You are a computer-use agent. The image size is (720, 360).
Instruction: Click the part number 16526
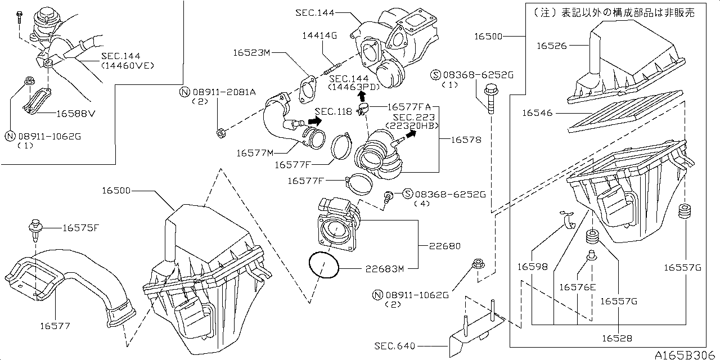click(x=551, y=46)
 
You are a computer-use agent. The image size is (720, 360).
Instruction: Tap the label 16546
click(x=538, y=113)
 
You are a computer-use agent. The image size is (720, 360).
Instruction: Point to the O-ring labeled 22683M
click(x=324, y=265)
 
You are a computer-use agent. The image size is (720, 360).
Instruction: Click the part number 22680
click(x=444, y=246)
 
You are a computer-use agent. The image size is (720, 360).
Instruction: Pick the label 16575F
click(x=80, y=228)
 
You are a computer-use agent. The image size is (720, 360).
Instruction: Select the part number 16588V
click(x=76, y=113)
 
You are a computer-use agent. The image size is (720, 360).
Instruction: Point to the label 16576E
click(x=577, y=287)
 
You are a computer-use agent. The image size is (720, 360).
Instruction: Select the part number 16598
click(x=533, y=267)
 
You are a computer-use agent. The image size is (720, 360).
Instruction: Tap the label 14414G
click(x=319, y=35)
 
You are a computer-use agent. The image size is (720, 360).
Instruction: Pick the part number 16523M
click(x=253, y=53)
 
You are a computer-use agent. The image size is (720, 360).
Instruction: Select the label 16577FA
click(x=408, y=106)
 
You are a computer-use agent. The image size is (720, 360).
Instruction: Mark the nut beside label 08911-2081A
click(x=221, y=133)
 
